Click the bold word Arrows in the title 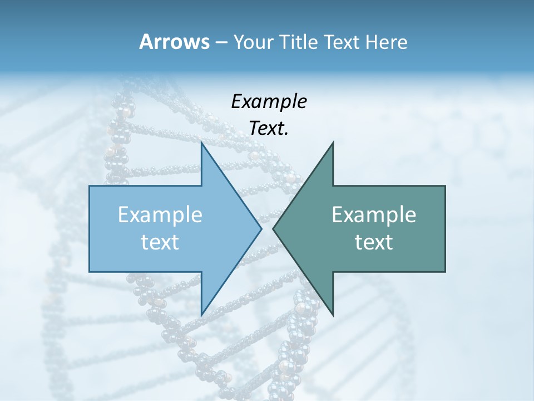coord(174,42)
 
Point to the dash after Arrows coord(221,43)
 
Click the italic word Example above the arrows coord(269,102)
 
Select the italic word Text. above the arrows coord(269,128)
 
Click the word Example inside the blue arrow coord(160,215)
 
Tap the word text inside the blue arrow coord(160,242)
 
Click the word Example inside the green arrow coord(374,215)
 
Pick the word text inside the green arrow coord(374,242)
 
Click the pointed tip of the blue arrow coord(261,228)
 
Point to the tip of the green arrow coord(273,228)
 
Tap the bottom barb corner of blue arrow coord(201,315)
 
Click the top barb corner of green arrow coord(333,143)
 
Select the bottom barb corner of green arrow coord(333,315)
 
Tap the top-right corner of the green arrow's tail coord(445,186)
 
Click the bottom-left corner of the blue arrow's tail coord(90,272)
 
